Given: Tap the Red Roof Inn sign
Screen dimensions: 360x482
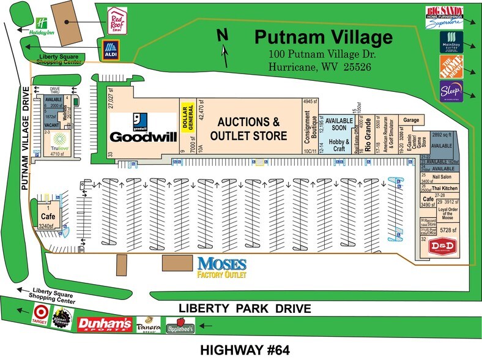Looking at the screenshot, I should tap(116, 20).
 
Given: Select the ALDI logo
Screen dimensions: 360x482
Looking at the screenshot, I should tap(111, 50).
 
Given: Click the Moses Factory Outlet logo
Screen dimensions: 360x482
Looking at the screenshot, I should tap(221, 268).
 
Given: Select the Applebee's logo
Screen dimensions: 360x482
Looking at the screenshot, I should tap(180, 326).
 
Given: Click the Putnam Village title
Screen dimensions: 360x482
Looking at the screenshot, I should tap(323, 37).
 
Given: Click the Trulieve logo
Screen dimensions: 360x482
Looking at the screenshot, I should tap(59, 140).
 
